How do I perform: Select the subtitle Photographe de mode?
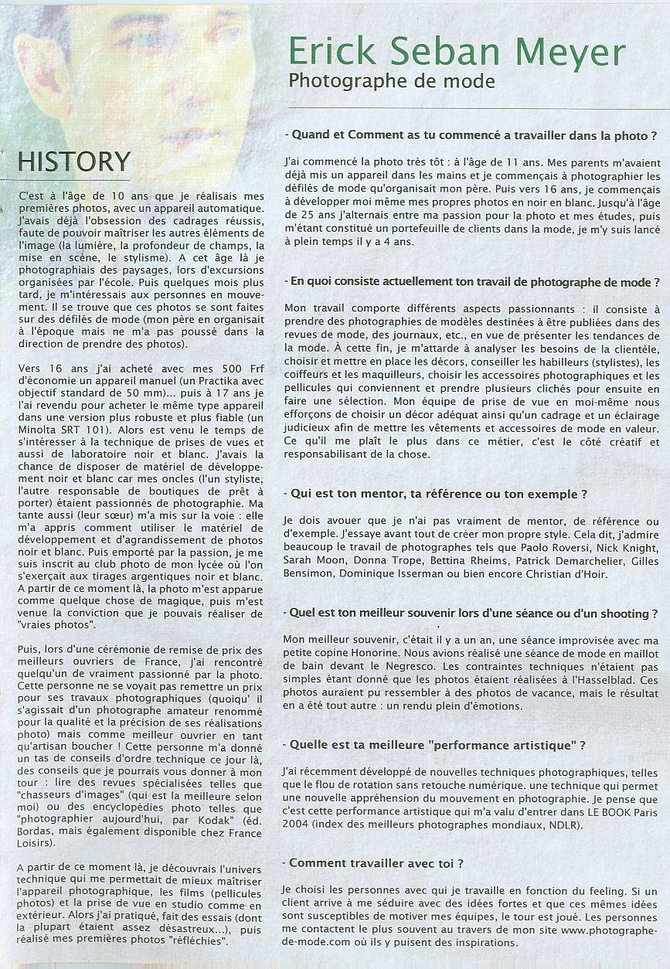[390, 81]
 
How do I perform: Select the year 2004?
[301, 824]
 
